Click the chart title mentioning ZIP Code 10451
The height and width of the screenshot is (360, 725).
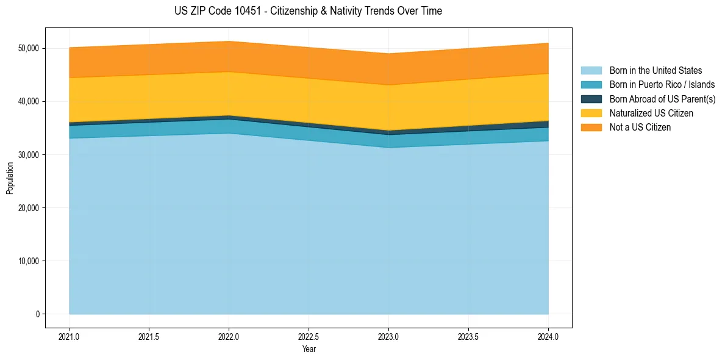(x=308, y=11)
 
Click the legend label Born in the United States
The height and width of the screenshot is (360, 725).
(x=655, y=71)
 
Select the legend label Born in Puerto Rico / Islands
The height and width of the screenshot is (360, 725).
(x=662, y=85)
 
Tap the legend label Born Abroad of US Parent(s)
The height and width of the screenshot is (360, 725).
(x=662, y=99)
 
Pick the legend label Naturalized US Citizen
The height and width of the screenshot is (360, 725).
(x=651, y=113)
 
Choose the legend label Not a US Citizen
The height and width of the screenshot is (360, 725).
(x=640, y=128)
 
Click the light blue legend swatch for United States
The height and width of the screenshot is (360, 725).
(x=591, y=71)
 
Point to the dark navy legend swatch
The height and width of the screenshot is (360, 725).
(x=591, y=99)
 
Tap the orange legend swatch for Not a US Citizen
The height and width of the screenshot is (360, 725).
(x=591, y=128)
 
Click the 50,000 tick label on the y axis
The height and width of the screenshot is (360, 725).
(x=27, y=48)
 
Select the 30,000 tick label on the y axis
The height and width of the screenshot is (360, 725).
(x=27, y=155)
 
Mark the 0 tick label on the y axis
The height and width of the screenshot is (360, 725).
(x=37, y=314)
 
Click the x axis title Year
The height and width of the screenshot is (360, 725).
(x=309, y=350)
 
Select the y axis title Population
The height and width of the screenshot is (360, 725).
(x=10, y=178)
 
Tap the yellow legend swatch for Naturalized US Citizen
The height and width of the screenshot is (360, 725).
(x=591, y=113)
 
